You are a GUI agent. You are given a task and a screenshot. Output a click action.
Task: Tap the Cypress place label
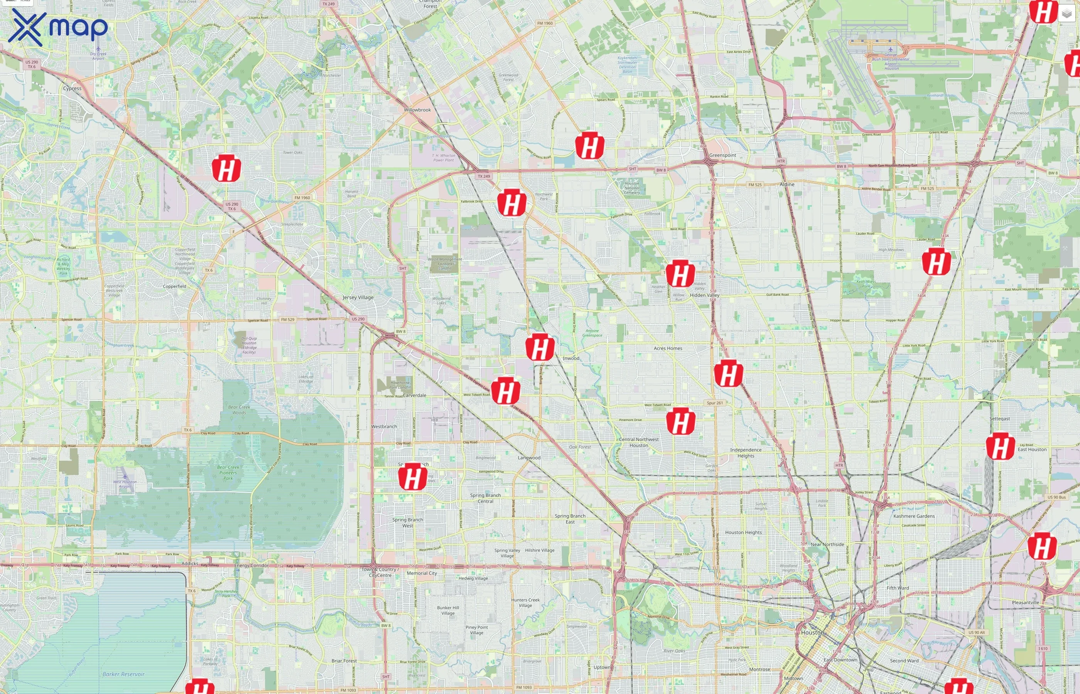coord(72,88)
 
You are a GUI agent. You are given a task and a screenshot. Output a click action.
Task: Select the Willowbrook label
coord(417,110)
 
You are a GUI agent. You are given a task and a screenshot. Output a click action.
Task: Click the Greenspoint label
coord(722,155)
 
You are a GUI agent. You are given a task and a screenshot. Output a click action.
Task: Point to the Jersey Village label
coord(358,297)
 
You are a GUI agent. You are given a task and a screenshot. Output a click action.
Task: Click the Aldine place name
coord(786,184)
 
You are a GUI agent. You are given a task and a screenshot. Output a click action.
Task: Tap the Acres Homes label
coord(668,349)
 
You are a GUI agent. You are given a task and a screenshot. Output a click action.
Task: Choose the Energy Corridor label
coord(251,565)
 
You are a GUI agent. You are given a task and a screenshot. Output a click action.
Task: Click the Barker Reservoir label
coord(123,674)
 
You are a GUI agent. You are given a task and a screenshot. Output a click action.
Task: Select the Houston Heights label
coord(743,532)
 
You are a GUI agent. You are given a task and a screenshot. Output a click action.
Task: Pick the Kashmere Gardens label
coord(914,516)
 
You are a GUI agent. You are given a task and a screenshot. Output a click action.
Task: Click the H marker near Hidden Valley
coord(680,273)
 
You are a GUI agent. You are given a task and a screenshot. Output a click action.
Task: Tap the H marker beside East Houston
coord(1000,446)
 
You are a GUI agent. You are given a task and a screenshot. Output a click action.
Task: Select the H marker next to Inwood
coord(540,347)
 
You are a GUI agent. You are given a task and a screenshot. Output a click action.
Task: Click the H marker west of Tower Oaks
coord(226,168)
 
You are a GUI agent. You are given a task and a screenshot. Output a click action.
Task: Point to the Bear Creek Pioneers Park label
coord(228,472)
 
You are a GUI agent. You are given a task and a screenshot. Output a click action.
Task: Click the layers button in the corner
coord(1066,14)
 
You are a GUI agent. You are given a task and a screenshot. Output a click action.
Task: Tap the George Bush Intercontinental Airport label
coord(890,61)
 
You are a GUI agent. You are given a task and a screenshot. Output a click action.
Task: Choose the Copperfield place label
coord(174,286)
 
